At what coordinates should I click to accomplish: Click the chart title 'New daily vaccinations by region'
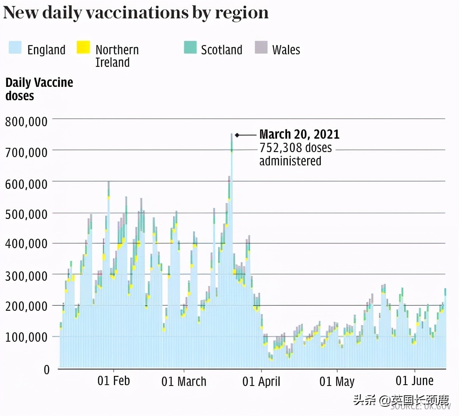point(136,13)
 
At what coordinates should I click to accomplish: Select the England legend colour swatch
point(15,48)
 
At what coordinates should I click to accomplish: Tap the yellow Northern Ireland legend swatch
point(83,48)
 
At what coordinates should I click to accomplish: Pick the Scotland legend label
point(221,50)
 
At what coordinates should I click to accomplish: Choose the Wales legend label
point(286,50)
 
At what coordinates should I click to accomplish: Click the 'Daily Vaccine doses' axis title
point(39,89)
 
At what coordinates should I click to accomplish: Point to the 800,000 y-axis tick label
point(26,122)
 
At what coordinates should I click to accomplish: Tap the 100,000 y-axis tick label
point(26,337)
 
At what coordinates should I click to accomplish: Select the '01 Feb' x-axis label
point(114,381)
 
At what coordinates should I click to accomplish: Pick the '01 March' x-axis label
point(184,381)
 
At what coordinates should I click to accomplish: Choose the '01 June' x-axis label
point(415,381)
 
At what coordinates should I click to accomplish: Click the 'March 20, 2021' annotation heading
point(299,134)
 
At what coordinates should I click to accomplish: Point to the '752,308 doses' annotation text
point(295,148)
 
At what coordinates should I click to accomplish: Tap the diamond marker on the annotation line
point(237,135)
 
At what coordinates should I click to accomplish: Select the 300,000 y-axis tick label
point(26,276)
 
